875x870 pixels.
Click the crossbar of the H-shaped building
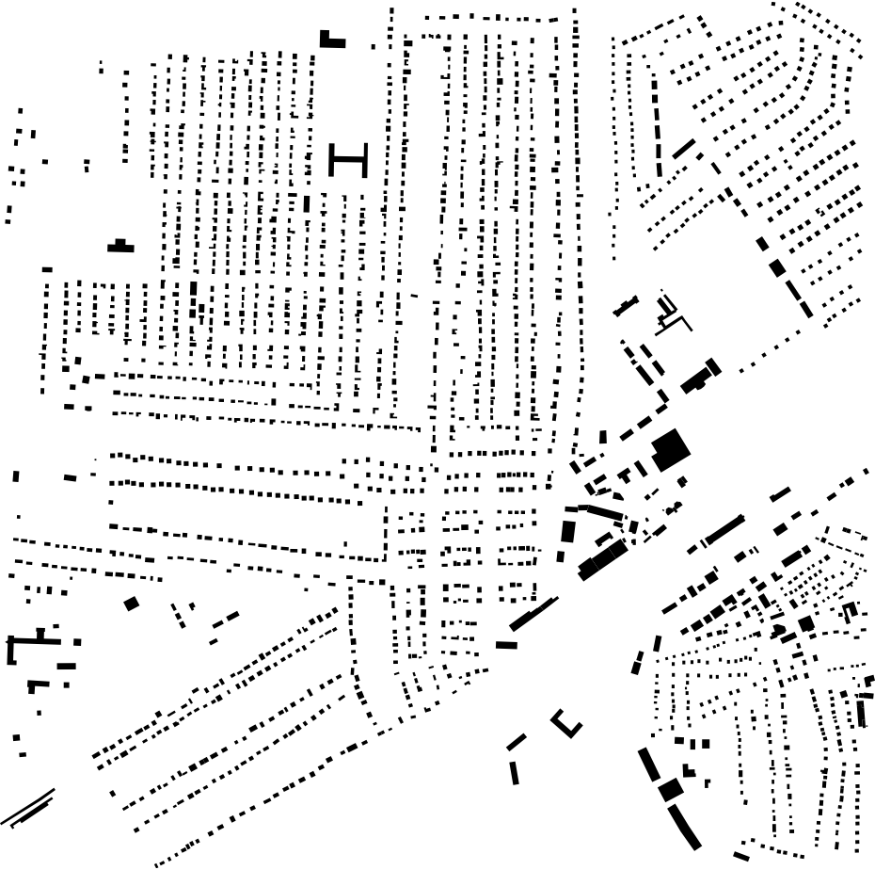(x=348, y=161)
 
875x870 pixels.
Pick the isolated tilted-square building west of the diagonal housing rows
(x=131, y=604)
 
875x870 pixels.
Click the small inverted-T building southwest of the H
(x=119, y=247)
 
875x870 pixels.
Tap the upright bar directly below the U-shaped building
(x=515, y=772)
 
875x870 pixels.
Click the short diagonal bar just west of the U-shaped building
(x=516, y=742)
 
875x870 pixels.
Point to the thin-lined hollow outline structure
(x=670, y=313)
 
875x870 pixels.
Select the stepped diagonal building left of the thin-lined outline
(x=626, y=306)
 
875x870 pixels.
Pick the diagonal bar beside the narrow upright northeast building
(x=683, y=148)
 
